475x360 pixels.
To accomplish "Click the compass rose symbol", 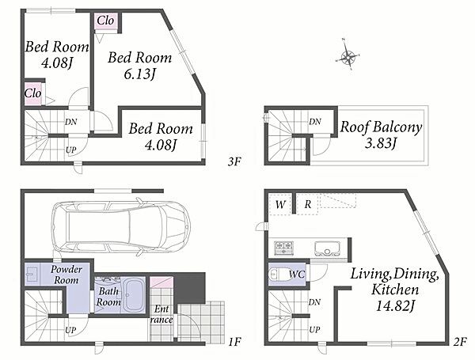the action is click(x=348, y=55).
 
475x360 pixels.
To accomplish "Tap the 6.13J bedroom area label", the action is click(x=140, y=74).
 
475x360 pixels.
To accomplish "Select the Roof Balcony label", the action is click(x=381, y=127).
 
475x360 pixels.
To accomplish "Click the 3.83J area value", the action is click(x=381, y=142).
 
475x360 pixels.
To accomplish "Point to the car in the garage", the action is click(x=121, y=225).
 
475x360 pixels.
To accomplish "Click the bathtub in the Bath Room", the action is click(x=133, y=295).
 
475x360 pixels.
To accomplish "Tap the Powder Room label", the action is click(x=66, y=275).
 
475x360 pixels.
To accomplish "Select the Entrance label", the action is click(x=161, y=314).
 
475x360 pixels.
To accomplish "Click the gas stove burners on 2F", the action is click(x=283, y=248).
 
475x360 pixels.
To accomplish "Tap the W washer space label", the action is click(x=280, y=204).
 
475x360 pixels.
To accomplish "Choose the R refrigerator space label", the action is click(x=307, y=204).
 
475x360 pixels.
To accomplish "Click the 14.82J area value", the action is click(x=395, y=305).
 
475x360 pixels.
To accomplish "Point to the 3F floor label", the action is click(x=234, y=161).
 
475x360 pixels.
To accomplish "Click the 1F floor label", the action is click(x=234, y=342).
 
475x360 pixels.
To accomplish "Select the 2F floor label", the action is click(x=460, y=342).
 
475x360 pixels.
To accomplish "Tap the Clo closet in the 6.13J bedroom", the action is click(x=105, y=21).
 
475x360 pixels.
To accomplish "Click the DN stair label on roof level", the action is click(x=315, y=122).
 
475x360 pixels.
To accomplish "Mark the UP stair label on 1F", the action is click(x=70, y=330).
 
